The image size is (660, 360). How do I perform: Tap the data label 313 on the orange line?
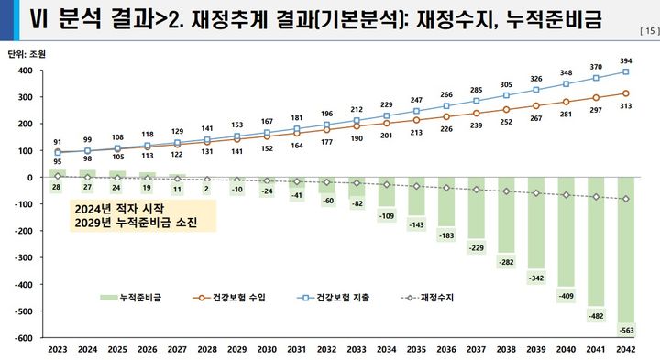625,106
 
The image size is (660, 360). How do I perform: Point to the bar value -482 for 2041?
596,315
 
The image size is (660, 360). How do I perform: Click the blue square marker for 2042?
625,71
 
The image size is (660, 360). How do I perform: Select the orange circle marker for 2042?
625,93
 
